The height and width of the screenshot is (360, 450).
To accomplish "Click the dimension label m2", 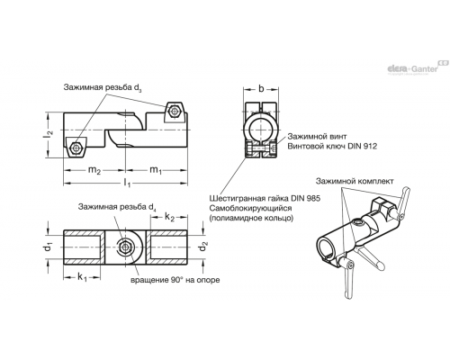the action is tap(94, 170).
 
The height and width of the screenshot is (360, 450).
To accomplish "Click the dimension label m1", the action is tap(156, 170).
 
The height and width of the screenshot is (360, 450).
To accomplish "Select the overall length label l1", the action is tap(127, 183).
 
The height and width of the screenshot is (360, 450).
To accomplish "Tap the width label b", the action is tap(261, 88).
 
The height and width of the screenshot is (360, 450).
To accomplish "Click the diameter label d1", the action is tap(49, 247).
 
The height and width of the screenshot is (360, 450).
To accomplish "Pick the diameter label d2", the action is tap(203, 247).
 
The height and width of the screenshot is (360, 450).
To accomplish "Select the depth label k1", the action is tap(82, 277).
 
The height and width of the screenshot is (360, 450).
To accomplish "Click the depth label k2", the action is tap(169, 217).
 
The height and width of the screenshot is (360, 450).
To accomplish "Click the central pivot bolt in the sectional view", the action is tap(125, 247).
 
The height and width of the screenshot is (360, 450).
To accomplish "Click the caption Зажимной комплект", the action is tap(355, 181).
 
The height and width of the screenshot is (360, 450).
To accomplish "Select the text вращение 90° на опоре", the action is tap(175, 280).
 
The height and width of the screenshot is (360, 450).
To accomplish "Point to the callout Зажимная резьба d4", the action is tap(117, 207).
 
